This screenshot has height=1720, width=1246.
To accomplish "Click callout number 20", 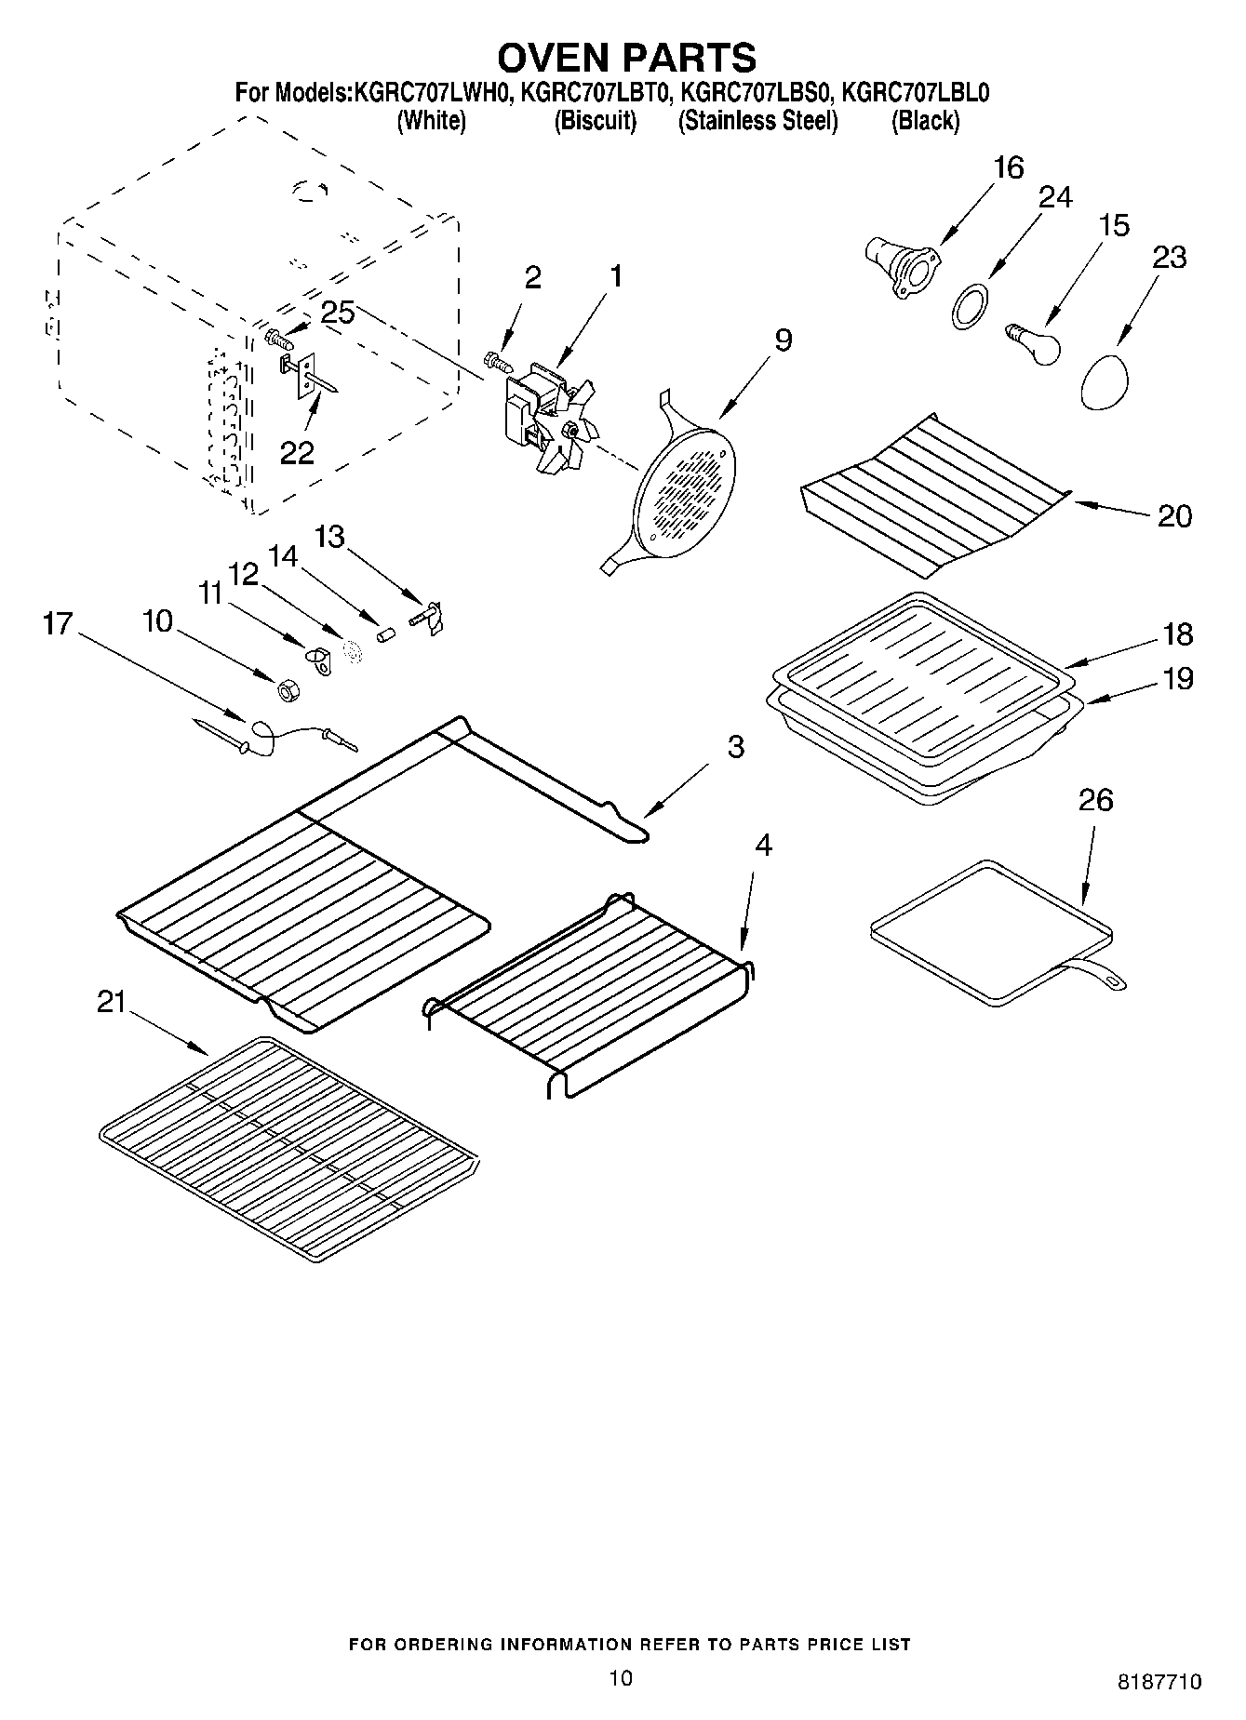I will [x=1173, y=515].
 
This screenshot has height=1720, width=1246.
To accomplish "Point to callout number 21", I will [x=111, y=1002].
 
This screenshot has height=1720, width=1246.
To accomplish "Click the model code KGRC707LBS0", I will [x=757, y=93].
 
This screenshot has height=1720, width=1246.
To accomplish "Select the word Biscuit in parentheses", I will [x=596, y=121].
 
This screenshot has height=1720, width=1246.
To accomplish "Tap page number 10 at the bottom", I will [x=621, y=1677].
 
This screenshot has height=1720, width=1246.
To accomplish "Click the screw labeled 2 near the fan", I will [x=499, y=359].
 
